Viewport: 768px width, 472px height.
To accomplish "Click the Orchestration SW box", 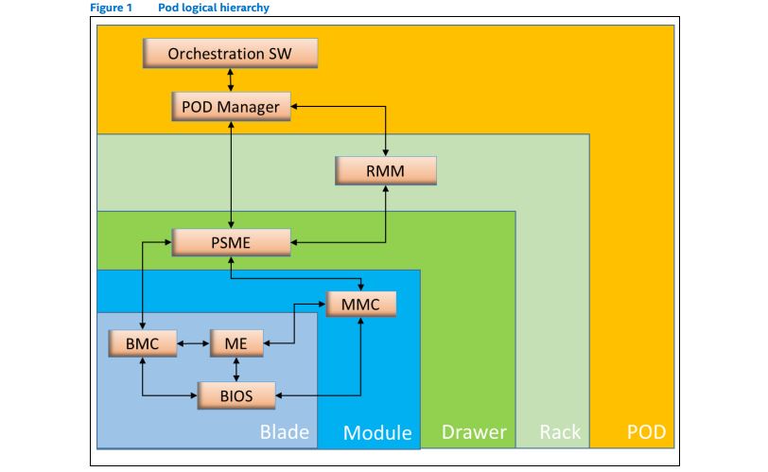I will (230, 53).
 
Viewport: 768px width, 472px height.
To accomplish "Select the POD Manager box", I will (230, 107).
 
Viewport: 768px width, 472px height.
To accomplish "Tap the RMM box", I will (386, 170).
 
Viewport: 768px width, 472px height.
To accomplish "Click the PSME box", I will (231, 242).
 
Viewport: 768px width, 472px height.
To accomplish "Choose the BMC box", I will (142, 343).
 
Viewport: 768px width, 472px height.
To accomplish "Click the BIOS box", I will (236, 394).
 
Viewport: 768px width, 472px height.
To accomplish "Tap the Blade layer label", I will (284, 433).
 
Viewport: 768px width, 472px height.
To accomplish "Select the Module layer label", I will (376, 433).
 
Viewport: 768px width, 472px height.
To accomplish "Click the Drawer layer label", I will (474, 433).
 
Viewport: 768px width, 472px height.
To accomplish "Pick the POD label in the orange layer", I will (646, 433).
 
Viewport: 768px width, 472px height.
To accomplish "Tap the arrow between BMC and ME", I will (193, 344).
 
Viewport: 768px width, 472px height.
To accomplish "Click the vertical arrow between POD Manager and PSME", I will (231, 175).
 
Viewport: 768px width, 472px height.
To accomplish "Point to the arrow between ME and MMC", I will (294, 322).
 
